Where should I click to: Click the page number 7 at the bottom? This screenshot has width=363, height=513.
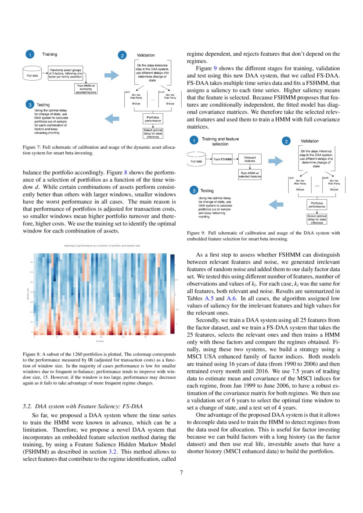(x=181, y=473)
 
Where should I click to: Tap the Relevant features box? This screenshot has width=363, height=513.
(x=250, y=159)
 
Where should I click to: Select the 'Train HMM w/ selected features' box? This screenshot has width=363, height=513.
(x=250, y=174)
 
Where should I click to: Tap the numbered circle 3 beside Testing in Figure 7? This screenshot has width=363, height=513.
(x=29, y=105)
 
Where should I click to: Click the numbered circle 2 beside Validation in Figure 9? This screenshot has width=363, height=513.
(x=286, y=141)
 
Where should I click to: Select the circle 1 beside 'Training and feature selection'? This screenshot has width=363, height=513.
(x=193, y=141)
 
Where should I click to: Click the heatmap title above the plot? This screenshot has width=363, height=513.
(x=102, y=246)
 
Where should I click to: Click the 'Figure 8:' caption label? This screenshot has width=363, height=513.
(x=32, y=353)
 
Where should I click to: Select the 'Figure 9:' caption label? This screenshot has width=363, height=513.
(x=197, y=233)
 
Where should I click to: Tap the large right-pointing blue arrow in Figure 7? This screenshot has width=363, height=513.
(x=111, y=75)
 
